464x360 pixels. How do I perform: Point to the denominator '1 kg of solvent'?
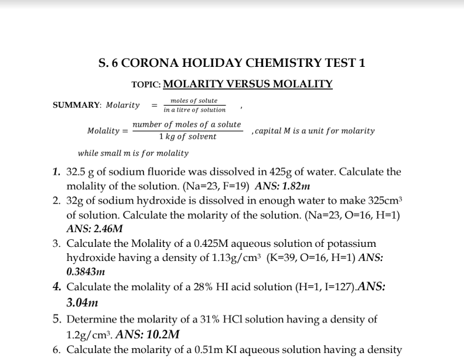pyautogui.click(x=187, y=137)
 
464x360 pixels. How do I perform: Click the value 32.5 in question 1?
pyautogui.click(x=76, y=173)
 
